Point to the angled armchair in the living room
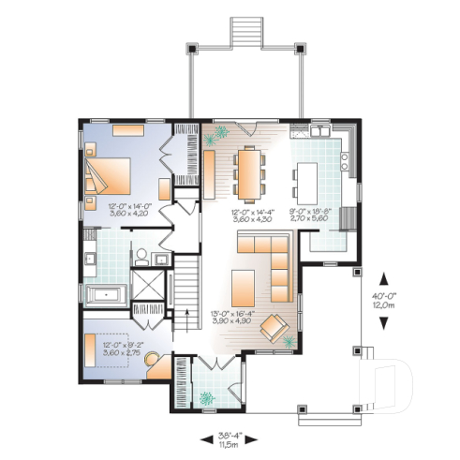click(275, 328)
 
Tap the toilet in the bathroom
click(139, 255)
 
